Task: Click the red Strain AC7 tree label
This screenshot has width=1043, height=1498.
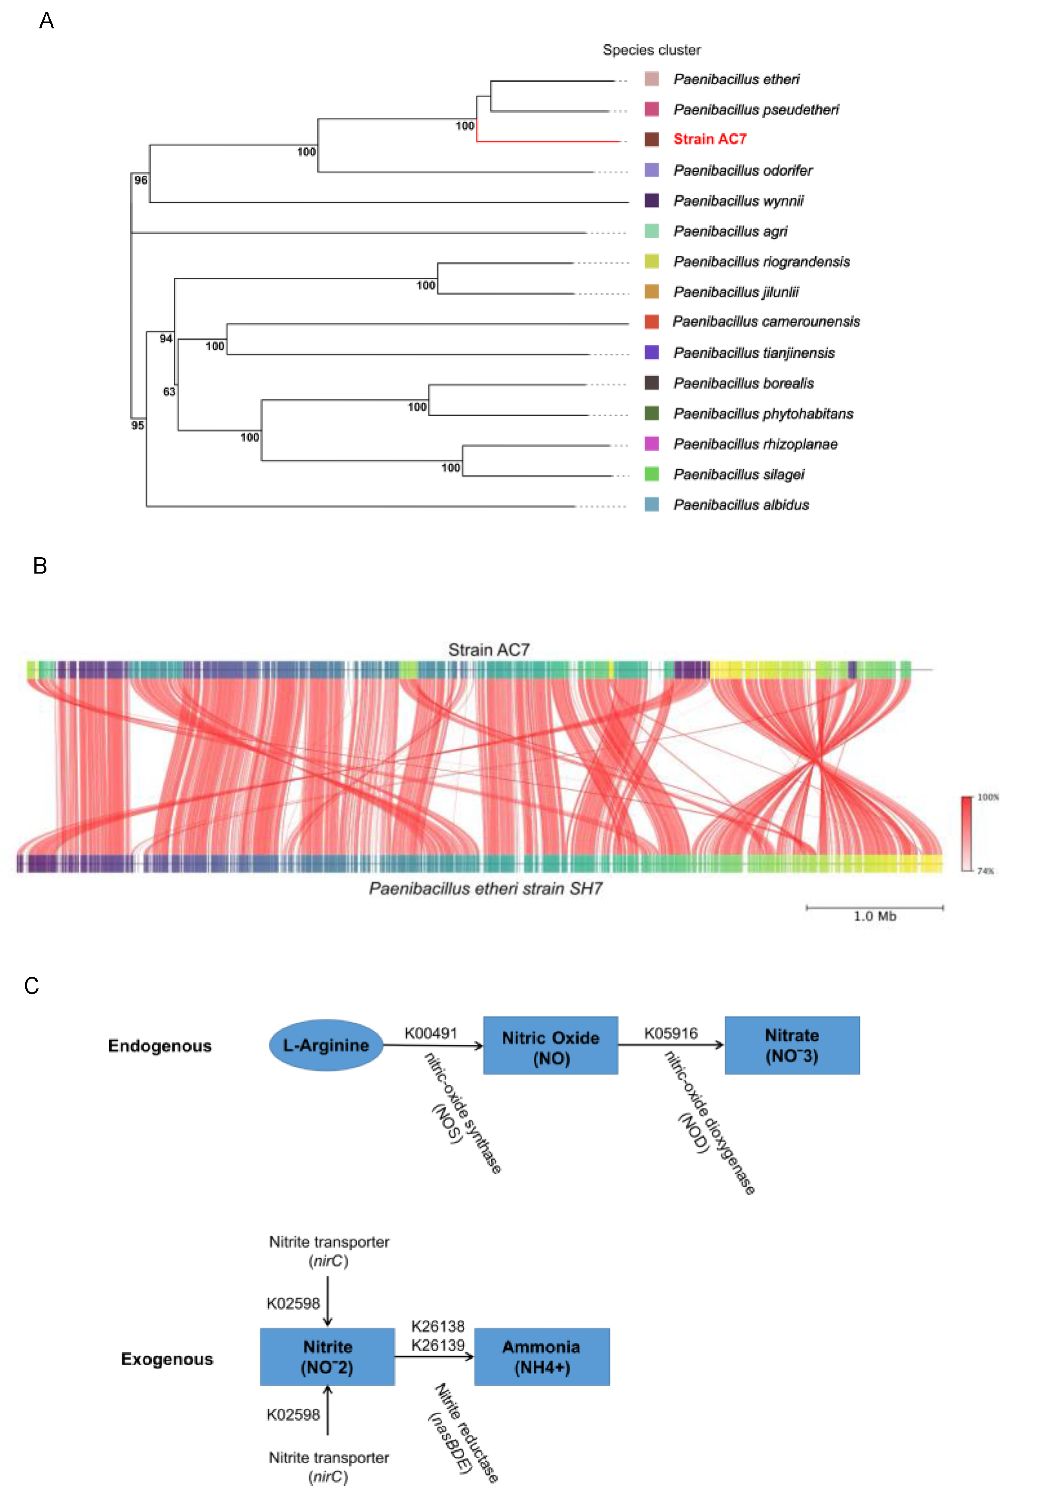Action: click(x=709, y=139)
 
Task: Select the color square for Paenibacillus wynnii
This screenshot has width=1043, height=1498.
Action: click(x=651, y=200)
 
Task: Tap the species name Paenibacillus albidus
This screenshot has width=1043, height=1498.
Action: click(x=740, y=505)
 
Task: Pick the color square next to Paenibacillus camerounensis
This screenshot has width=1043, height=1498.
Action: click(x=651, y=322)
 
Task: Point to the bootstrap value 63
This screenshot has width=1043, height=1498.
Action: click(x=169, y=391)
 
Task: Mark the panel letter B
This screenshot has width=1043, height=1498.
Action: click(x=40, y=566)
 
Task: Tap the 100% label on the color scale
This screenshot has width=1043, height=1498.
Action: click(x=988, y=797)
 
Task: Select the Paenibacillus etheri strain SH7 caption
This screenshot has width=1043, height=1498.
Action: click(x=485, y=889)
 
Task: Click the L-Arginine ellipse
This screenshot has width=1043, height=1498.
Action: click(x=325, y=1045)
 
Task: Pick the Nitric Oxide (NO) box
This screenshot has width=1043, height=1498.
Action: click(x=550, y=1045)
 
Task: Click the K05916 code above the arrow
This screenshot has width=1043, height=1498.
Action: click(x=670, y=1034)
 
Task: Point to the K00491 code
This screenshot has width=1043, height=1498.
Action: click(x=431, y=1034)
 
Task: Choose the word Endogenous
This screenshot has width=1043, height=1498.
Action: click(x=160, y=1046)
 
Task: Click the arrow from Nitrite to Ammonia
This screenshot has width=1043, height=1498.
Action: click(x=434, y=1357)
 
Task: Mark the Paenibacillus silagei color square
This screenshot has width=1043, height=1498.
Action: click(x=651, y=474)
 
